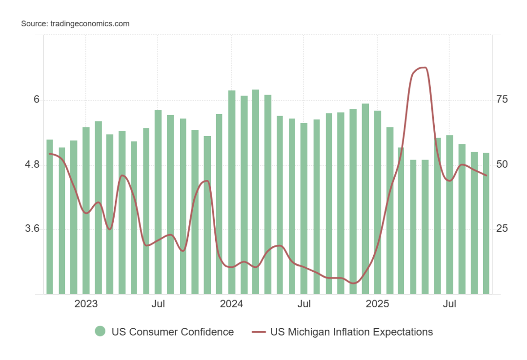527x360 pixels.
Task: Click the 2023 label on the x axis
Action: (x=86, y=304)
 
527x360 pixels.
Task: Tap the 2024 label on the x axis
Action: (x=231, y=304)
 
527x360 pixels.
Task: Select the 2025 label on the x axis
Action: (x=377, y=304)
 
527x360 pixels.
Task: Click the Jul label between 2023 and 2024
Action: (x=158, y=304)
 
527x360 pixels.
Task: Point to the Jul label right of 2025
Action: (x=449, y=304)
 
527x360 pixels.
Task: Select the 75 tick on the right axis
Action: (x=502, y=100)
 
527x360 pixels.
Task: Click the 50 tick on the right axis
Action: (x=502, y=164)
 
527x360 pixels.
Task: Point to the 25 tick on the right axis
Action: (x=502, y=229)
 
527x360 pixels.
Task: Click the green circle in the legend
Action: (x=100, y=332)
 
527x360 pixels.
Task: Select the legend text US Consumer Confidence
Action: (x=173, y=332)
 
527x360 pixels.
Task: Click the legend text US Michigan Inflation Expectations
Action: (x=352, y=332)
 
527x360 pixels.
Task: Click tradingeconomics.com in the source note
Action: (x=90, y=23)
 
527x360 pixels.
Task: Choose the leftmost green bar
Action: (x=49, y=217)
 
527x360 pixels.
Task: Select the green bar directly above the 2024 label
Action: (x=232, y=192)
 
